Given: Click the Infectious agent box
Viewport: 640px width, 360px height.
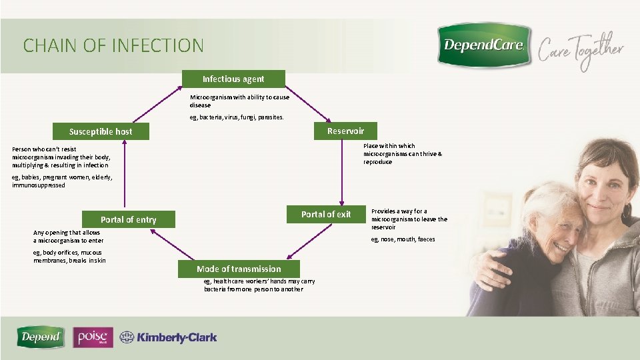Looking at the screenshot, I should click(x=233, y=79).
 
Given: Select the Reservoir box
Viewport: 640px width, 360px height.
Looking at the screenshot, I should click(x=345, y=131).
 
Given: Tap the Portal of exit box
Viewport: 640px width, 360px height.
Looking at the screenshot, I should click(x=325, y=214).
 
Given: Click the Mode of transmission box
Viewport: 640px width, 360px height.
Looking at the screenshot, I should click(x=239, y=269).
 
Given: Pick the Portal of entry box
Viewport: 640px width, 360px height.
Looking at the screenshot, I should click(x=128, y=219).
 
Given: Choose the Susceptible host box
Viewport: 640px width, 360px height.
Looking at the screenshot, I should click(x=101, y=131).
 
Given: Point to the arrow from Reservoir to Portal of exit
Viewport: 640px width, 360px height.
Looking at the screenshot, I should click(x=342, y=171).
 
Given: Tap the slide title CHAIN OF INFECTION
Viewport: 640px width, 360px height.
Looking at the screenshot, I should click(x=113, y=46).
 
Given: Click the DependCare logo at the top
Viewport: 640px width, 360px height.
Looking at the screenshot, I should click(x=484, y=45).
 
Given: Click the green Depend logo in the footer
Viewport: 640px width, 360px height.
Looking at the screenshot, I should click(x=41, y=337).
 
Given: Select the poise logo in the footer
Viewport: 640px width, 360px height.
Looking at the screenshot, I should click(x=93, y=337).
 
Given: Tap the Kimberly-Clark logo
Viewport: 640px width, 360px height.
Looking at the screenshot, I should click(x=169, y=338).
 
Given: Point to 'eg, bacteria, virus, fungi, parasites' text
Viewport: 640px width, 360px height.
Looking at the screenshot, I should click(x=237, y=117).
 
